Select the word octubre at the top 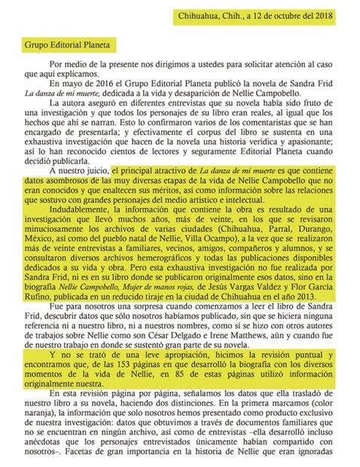(270, 15)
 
